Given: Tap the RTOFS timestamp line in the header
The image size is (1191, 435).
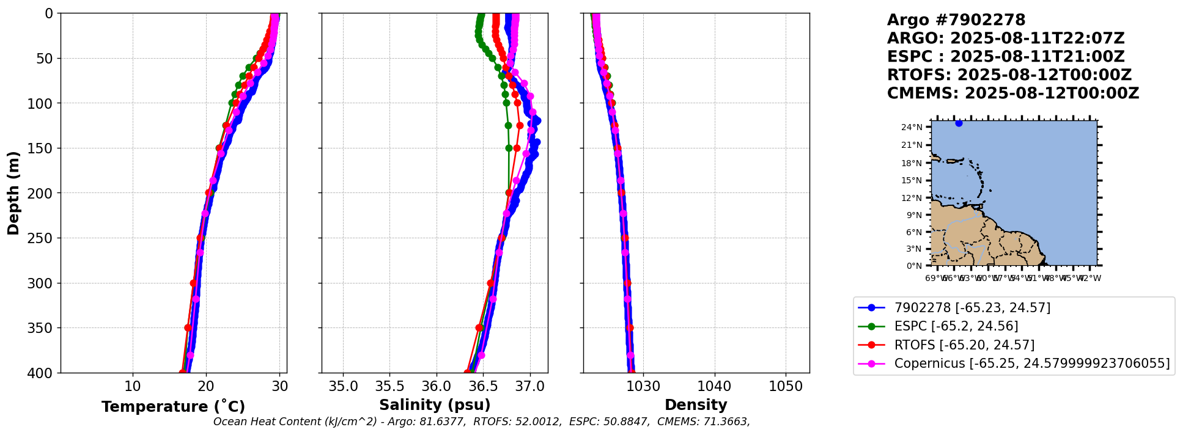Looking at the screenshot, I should coord(1009,75).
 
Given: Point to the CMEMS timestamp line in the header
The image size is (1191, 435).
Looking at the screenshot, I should coord(1013,93).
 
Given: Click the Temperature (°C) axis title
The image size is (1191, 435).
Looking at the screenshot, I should coord(173,406).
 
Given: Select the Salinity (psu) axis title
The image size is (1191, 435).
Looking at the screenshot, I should coord(435,405).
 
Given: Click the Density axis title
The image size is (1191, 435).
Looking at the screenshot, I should coord(696,405).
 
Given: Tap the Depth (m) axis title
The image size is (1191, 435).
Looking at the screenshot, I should coord(13,192).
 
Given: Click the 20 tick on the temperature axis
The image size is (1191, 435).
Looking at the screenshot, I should coord(206,387).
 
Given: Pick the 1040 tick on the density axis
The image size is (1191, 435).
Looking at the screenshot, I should coord(714,387).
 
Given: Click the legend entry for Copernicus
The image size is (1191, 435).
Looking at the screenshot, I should coord(1031,364).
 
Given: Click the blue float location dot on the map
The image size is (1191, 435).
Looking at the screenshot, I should coord(959,123).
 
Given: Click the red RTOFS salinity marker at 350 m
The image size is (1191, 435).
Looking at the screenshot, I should coord(479,328).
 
